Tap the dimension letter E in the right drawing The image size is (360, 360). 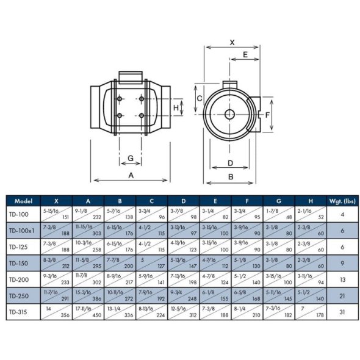(245, 55)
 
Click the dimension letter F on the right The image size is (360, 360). (267, 114)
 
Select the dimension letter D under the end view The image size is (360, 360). (230, 163)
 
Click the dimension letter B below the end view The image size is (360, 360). (230, 176)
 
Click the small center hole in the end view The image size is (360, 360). (229, 113)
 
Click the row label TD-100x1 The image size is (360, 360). (23, 231)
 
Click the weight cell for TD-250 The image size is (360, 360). (342, 295)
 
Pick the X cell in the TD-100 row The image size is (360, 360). (56, 214)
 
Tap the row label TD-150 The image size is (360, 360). (21, 262)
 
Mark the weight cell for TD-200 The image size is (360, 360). (342, 279)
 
